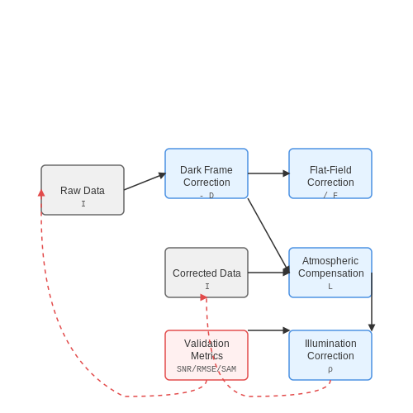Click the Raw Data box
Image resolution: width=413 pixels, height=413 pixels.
pos(83,190)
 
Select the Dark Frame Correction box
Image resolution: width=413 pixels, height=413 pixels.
pos(206,173)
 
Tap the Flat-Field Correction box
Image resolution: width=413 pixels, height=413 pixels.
pos(330,173)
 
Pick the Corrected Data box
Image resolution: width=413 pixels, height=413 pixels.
pos(206,273)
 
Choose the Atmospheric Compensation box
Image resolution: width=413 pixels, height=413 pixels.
pos(330,273)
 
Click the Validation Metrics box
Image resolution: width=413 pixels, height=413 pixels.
pos(206,355)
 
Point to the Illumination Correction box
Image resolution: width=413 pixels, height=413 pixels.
pos(330,355)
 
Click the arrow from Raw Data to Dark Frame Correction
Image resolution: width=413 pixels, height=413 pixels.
pos(145,182)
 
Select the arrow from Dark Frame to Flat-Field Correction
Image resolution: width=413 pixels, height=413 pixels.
pos(268,173)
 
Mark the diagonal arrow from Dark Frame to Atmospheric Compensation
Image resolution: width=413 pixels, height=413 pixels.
pos(268,235)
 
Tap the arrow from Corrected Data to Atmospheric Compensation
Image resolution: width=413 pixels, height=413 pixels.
pos(268,273)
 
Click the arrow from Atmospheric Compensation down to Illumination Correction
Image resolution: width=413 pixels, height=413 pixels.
pos(372,301)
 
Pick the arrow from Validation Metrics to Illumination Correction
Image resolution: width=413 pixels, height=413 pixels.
pos(268,330)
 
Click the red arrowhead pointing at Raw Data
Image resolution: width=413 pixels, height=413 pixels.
pos(41,193)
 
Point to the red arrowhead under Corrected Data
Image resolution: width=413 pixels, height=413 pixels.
pos(203,297)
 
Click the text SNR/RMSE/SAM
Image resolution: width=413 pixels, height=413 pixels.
pos(206,369)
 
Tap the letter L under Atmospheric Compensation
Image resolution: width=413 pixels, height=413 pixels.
pos(330,287)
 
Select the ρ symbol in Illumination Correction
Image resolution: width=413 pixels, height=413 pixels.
pos(330,369)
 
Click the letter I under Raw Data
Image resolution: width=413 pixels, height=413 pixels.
pos(83,204)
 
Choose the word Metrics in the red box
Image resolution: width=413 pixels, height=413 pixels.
pos(206,356)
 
